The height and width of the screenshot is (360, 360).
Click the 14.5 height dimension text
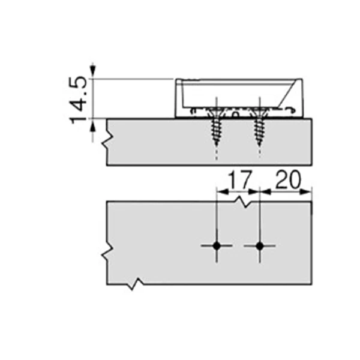tap(80, 99)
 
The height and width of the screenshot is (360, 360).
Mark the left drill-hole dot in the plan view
tap(217, 246)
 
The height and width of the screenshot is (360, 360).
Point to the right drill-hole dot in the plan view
tap(259, 246)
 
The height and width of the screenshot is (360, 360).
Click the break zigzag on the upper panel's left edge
tap(106, 142)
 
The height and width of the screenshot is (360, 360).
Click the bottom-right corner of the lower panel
tap(311, 283)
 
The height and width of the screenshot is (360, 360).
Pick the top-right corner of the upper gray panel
tap(311, 119)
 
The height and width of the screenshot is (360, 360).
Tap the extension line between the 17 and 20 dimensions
tap(260, 198)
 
